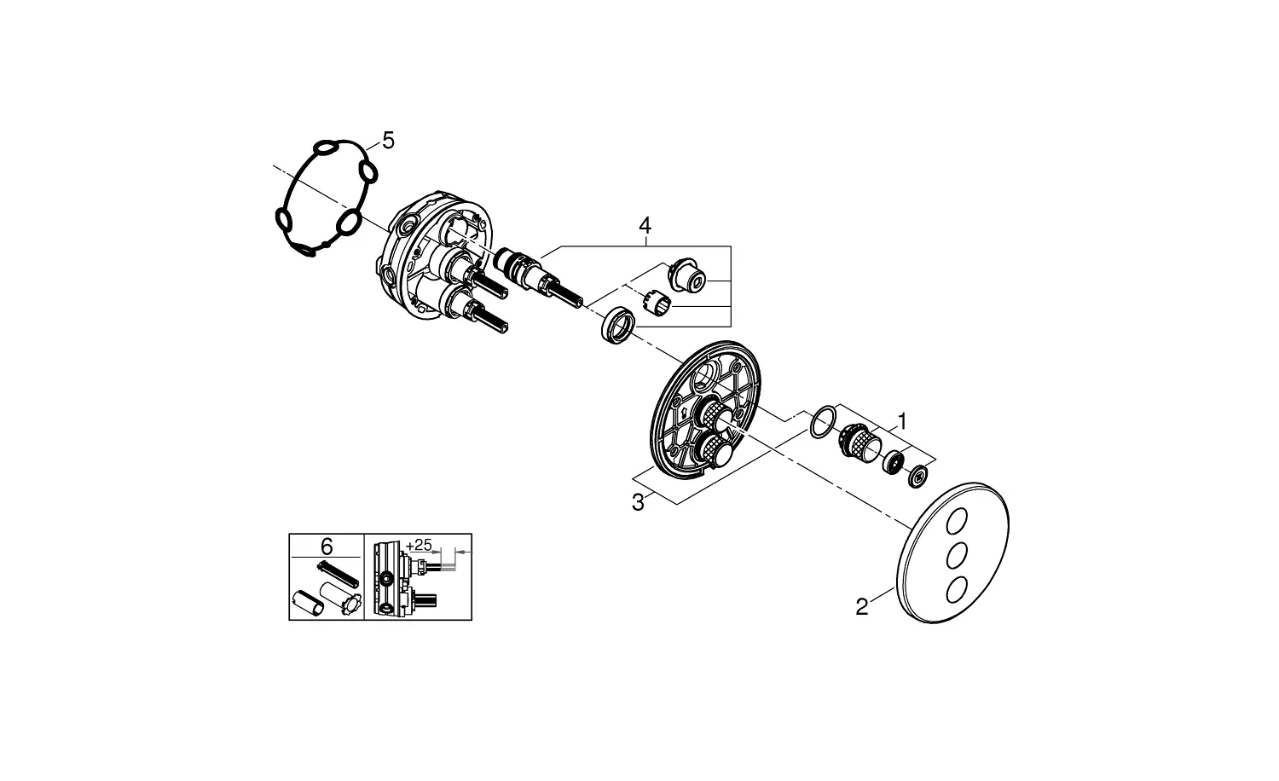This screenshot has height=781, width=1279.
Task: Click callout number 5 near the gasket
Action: [388, 141]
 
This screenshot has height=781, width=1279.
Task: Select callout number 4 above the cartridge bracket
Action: [645, 226]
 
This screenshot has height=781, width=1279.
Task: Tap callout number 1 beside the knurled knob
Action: [902, 421]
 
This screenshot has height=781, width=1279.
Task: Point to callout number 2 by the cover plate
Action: [862, 607]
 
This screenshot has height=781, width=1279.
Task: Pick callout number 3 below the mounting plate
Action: [638, 503]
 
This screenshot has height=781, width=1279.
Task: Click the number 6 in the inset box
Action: [327, 544]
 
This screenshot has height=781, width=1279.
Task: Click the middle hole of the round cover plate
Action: [958, 555]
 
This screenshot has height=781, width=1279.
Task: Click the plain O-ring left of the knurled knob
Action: [821, 423]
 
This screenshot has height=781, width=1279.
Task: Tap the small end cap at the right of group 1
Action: [918, 477]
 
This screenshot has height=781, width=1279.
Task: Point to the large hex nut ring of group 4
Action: [617, 327]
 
